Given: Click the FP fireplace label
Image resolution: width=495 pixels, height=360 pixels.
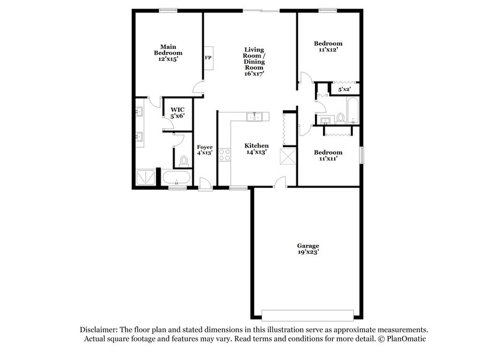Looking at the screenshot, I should tap(208, 58).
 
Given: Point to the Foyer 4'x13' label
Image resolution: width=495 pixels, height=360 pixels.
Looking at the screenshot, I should tap(205, 150).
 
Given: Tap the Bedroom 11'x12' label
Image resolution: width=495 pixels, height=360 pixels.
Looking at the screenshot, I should tap(327, 47).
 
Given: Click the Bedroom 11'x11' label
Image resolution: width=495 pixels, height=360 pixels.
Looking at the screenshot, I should tap(327, 155).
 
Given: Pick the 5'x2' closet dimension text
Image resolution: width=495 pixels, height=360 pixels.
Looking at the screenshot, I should tap(343, 90).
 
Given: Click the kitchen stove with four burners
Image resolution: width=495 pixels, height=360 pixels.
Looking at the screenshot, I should tap(224, 154).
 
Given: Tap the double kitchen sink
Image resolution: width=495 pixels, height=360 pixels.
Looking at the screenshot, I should tap(255, 117).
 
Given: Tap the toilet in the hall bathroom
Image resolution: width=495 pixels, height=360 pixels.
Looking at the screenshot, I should tap(340, 118).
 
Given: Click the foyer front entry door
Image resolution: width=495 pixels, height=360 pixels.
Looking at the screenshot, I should tap(205, 184).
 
